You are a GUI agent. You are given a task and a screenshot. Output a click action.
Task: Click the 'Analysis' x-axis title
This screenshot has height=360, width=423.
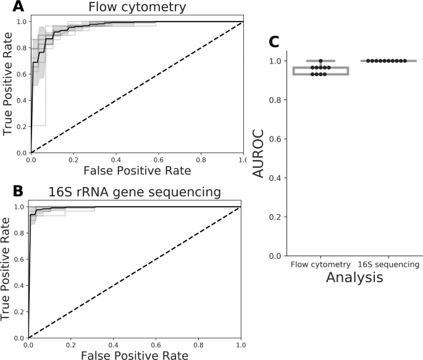coord(347,278)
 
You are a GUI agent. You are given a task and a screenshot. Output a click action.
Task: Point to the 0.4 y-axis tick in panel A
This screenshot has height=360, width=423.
coord(21,100)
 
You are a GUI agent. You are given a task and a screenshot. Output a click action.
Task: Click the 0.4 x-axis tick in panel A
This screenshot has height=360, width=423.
coord(115,160)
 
